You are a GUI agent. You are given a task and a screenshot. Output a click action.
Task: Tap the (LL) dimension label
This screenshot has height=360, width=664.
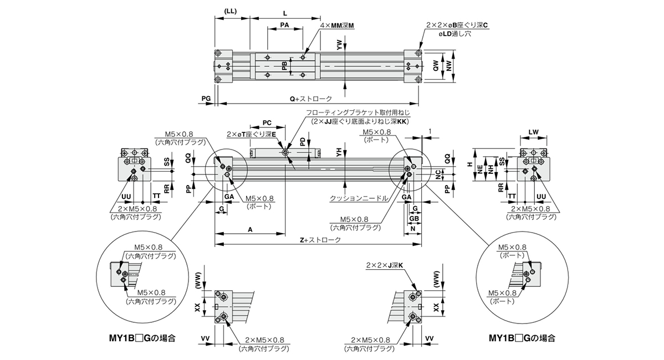click(232, 12)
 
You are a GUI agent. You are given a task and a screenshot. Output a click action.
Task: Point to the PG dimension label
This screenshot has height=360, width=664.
click(206, 98)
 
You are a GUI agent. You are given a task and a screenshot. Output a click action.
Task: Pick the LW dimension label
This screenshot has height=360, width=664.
click(533, 131)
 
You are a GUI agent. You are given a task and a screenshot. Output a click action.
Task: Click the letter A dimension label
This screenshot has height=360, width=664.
click(250, 228)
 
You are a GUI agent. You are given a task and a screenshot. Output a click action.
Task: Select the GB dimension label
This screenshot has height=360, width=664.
click(413, 219)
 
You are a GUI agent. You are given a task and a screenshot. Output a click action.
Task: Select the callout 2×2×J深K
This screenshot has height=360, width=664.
click(384, 266)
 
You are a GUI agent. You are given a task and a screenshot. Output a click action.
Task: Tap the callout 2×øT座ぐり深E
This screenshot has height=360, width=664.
click(248, 134)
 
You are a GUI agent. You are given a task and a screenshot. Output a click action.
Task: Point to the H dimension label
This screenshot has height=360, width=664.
click(469, 164)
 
